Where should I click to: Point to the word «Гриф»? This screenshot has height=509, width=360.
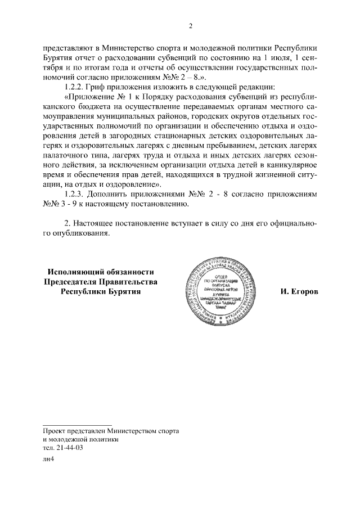[x=102, y=87]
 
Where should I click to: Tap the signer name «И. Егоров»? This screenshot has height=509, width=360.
[x=299, y=292]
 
